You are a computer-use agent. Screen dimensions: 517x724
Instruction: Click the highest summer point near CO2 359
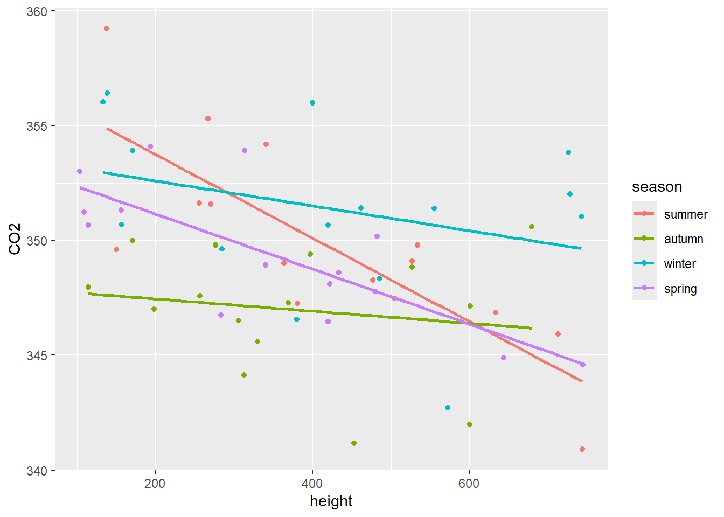pos(107,29)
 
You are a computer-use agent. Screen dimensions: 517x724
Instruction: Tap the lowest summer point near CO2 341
pos(582,449)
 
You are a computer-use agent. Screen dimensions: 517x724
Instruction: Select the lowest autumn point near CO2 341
pos(354,443)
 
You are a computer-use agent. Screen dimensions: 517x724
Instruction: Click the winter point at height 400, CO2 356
pos(312,103)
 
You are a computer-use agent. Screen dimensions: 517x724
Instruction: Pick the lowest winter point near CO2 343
pos(448,408)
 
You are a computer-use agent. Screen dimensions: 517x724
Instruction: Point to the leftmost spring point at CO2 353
pos(80,171)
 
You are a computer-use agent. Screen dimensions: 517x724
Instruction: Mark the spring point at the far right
pos(583,365)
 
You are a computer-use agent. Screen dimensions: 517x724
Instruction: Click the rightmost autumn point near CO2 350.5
pos(532,227)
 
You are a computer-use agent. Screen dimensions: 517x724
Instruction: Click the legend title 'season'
pos(657,187)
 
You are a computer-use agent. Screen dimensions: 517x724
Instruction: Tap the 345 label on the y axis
pos(37,355)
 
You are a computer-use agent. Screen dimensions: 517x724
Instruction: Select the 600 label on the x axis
pos(469,483)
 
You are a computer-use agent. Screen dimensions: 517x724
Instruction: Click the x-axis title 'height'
pos(331,501)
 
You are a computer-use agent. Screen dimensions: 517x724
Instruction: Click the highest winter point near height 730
pos(568,152)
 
